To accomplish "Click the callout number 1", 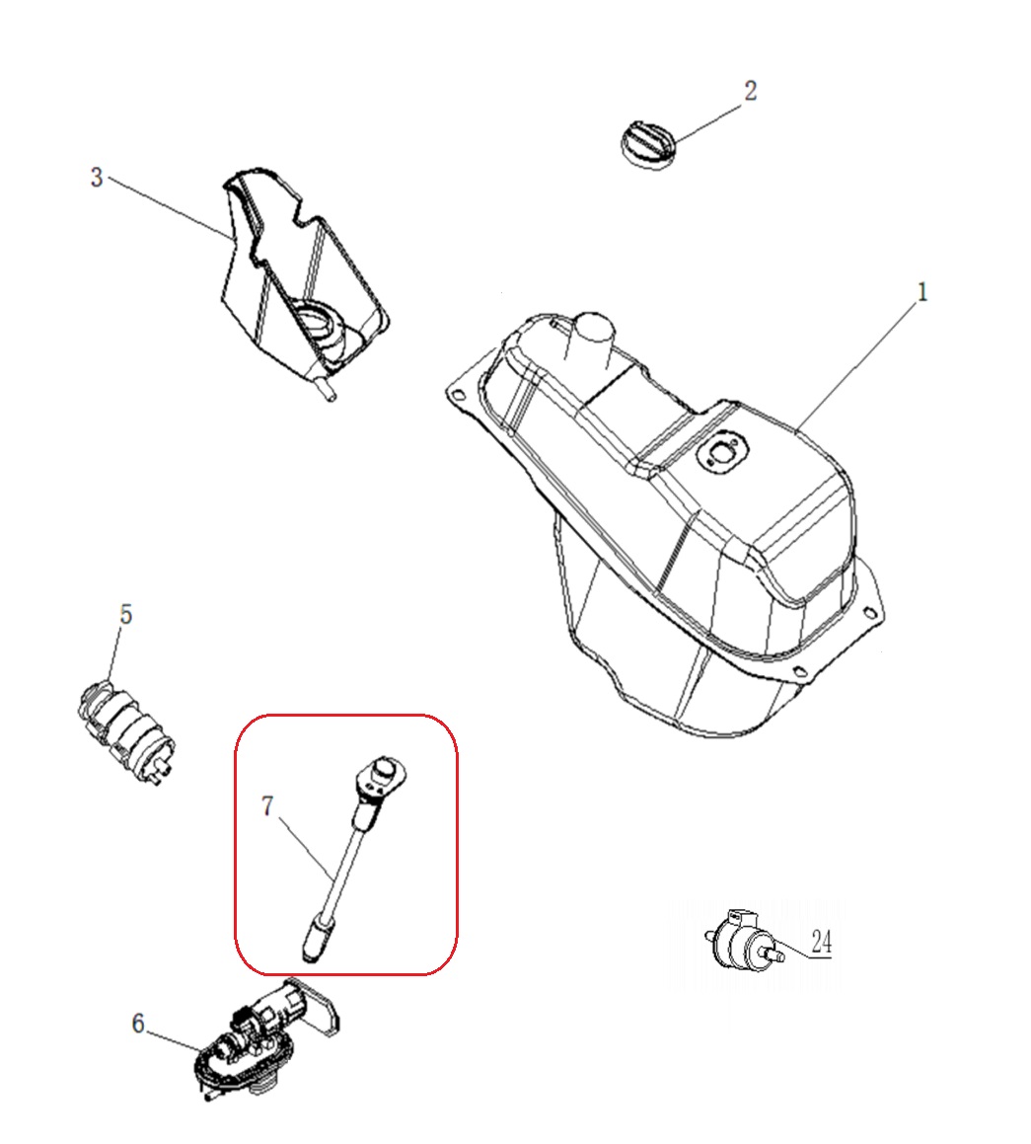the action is (921, 292).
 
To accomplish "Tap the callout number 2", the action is (750, 91).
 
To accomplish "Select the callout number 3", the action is (97, 178).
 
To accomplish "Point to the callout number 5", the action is (125, 614).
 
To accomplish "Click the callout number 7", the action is (266, 806).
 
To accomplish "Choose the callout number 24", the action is (821, 942).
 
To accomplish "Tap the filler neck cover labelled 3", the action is (303, 281).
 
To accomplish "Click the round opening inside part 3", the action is (321, 325).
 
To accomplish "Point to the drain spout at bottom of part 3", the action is (327, 391).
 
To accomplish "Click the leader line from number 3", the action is (170, 208).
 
